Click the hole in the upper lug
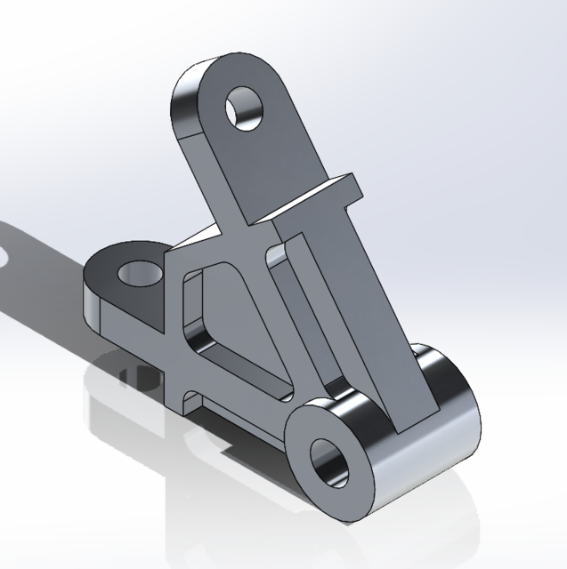click(x=246, y=108)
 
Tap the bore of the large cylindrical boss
click(x=331, y=459)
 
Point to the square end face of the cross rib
click(x=354, y=188)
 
